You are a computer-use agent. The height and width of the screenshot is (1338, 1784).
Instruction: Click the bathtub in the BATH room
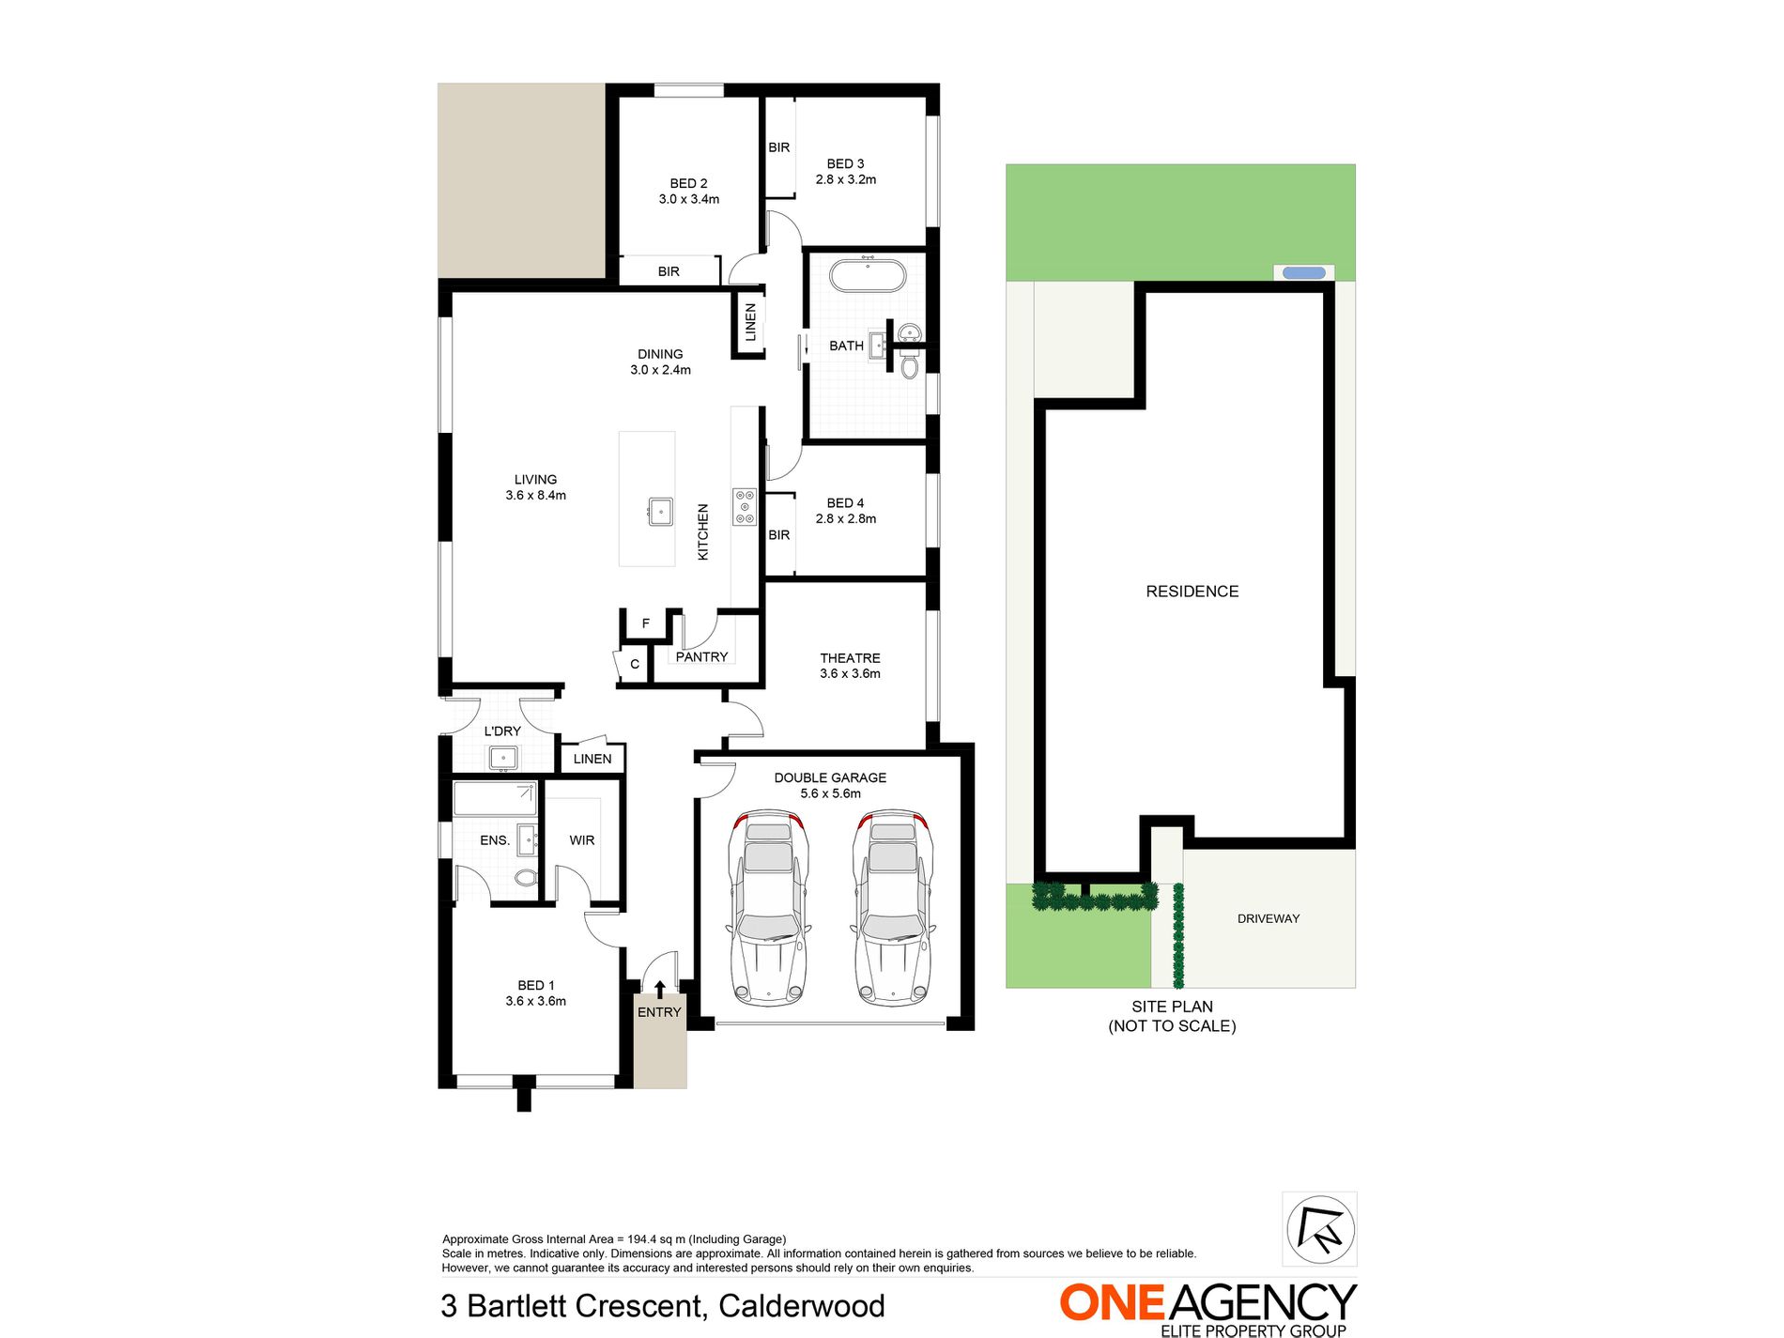867,276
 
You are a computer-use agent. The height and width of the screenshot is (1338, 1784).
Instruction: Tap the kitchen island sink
660,512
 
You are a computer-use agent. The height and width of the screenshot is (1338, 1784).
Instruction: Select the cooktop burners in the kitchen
745,506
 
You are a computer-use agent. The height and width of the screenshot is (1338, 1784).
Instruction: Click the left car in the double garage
769,907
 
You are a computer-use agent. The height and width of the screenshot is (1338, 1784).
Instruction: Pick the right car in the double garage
893,907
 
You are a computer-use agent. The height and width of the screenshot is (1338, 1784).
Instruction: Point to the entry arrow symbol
659,989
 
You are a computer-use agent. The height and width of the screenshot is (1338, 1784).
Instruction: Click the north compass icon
1319,1228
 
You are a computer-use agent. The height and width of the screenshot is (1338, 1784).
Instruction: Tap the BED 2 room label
688,183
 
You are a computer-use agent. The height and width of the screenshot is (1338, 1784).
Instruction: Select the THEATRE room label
850,658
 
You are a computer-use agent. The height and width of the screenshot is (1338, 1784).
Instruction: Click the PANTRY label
701,657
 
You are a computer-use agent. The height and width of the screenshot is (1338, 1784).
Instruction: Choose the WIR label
581,840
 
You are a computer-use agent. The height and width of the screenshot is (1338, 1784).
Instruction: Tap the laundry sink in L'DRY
503,757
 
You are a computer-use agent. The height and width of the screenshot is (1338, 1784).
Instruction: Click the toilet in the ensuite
526,878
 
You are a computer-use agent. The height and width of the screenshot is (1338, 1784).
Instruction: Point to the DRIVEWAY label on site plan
1268,918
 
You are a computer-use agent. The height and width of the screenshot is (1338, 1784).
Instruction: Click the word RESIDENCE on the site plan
1192,592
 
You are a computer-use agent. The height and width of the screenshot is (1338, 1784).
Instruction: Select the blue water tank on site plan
1303,273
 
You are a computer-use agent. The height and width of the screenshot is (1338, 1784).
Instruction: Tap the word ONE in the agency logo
1112,1303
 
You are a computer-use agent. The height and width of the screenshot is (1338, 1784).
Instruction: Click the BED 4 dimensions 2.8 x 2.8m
845,519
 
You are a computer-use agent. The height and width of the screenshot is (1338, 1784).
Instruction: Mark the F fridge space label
646,623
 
